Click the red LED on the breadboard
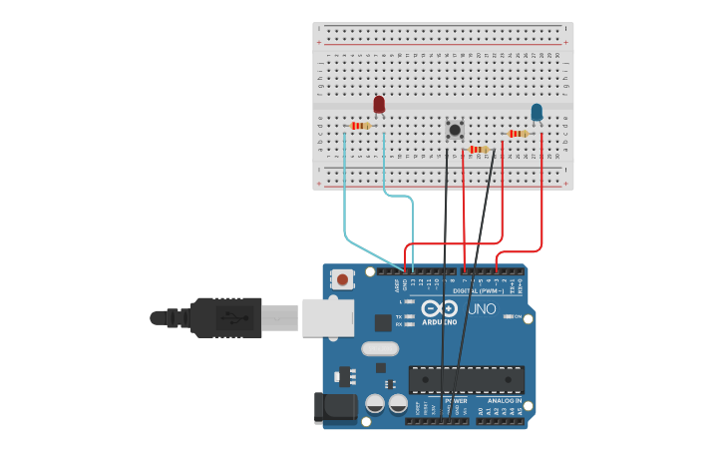pyautogui.click(x=379, y=104)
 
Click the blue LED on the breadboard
pyautogui.click(x=537, y=112)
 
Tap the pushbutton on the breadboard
pyautogui.click(x=455, y=129)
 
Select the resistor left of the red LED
pyautogui.click(x=361, y=126)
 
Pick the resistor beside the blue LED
pyautogui.click(x=518, y=133)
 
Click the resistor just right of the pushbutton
pyautogui.click(x=480, y=150)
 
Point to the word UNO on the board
pyautogui.click(x=482, y=308)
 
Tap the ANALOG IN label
pyautogui.click(x=505, y=400)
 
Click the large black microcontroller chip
pyautogui.click(x=466, y=379)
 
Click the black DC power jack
pyautogui.click(x=333, y=407)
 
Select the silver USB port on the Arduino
pyautogui.click(x=328, y=316)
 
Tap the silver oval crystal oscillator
pyautogui.click(x=380, y=348)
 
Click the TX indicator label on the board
pyautogui.click(x=399, y=316)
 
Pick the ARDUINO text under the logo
pyautogui.click(x=439, y=322)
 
